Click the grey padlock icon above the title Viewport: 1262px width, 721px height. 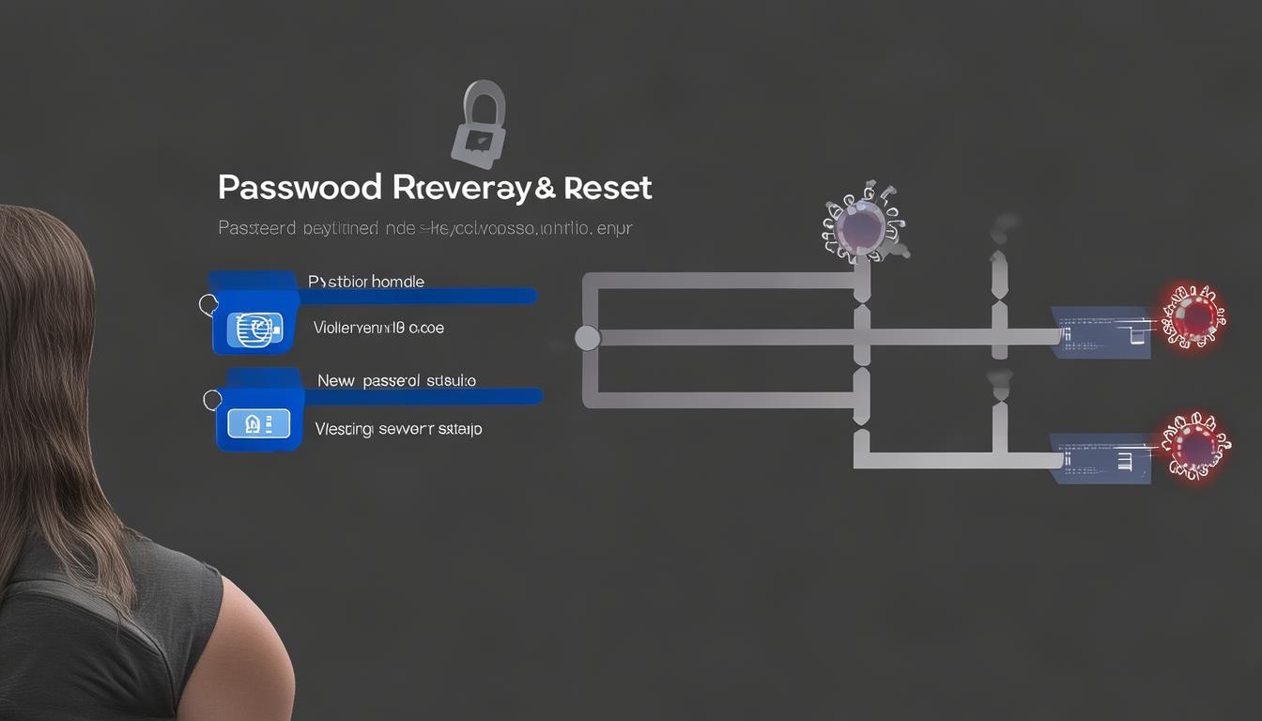(479, 124)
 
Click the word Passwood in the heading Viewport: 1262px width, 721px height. (300, 187)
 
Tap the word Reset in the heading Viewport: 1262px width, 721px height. (605, 187)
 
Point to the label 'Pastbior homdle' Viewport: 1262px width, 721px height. (365, 281)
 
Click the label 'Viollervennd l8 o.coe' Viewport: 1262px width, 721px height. (378, 329)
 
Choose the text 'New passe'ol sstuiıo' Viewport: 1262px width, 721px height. (396, 380)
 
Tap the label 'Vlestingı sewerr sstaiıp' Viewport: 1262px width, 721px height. (398, 429)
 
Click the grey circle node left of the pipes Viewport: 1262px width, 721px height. (587, 338)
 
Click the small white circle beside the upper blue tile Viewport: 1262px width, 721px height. (208, 303)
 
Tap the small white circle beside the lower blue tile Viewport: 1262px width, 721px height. (213, 400)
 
